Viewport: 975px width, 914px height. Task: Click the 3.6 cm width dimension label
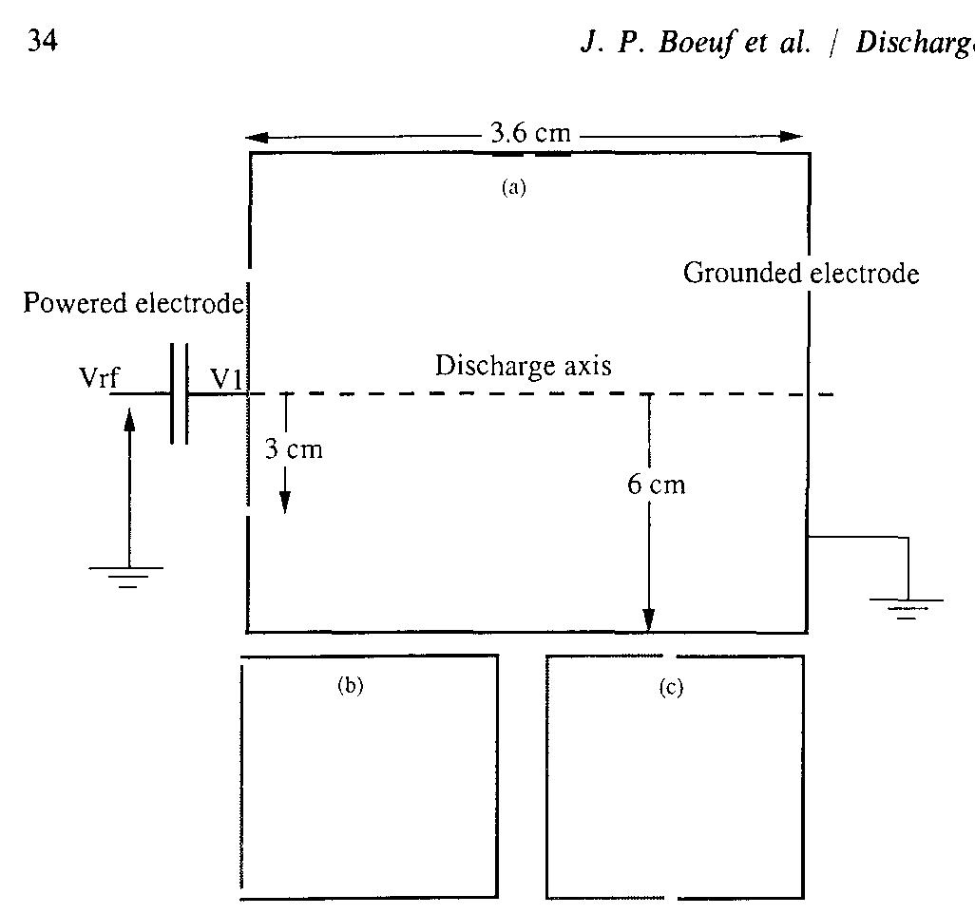point(530,133)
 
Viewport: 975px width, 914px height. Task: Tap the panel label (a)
point(513,187)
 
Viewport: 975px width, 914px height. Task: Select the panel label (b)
point(351,687)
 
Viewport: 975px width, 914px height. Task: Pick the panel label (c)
point(671,688)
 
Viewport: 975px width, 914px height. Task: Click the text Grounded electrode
point(801,274)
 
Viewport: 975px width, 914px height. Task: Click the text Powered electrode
point(133,304)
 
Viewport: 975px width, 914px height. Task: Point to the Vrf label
point(99,378)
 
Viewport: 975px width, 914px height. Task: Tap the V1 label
point(228,379)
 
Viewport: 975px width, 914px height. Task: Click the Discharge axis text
point(523,366)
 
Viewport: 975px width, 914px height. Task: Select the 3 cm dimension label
point(294,448)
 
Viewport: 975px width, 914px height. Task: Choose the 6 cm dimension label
point(656,485)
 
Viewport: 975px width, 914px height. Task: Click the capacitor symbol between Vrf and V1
point(180,394)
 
